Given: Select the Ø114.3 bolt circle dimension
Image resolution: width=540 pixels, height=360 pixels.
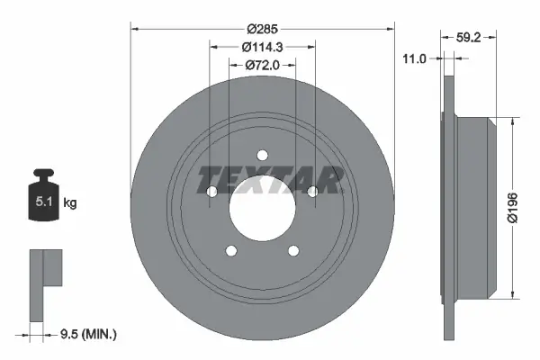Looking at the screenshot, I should click(x=263, y=47).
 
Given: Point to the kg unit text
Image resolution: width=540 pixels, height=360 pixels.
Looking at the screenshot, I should click(x=70, y=203).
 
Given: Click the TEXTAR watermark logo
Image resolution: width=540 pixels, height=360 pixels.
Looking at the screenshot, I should click(x=269, y=180).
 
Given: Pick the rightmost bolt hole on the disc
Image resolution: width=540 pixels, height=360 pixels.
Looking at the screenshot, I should click(x=312, y=192).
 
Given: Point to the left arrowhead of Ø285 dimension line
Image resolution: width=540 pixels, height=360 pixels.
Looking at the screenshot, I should click(x=135, y=27).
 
